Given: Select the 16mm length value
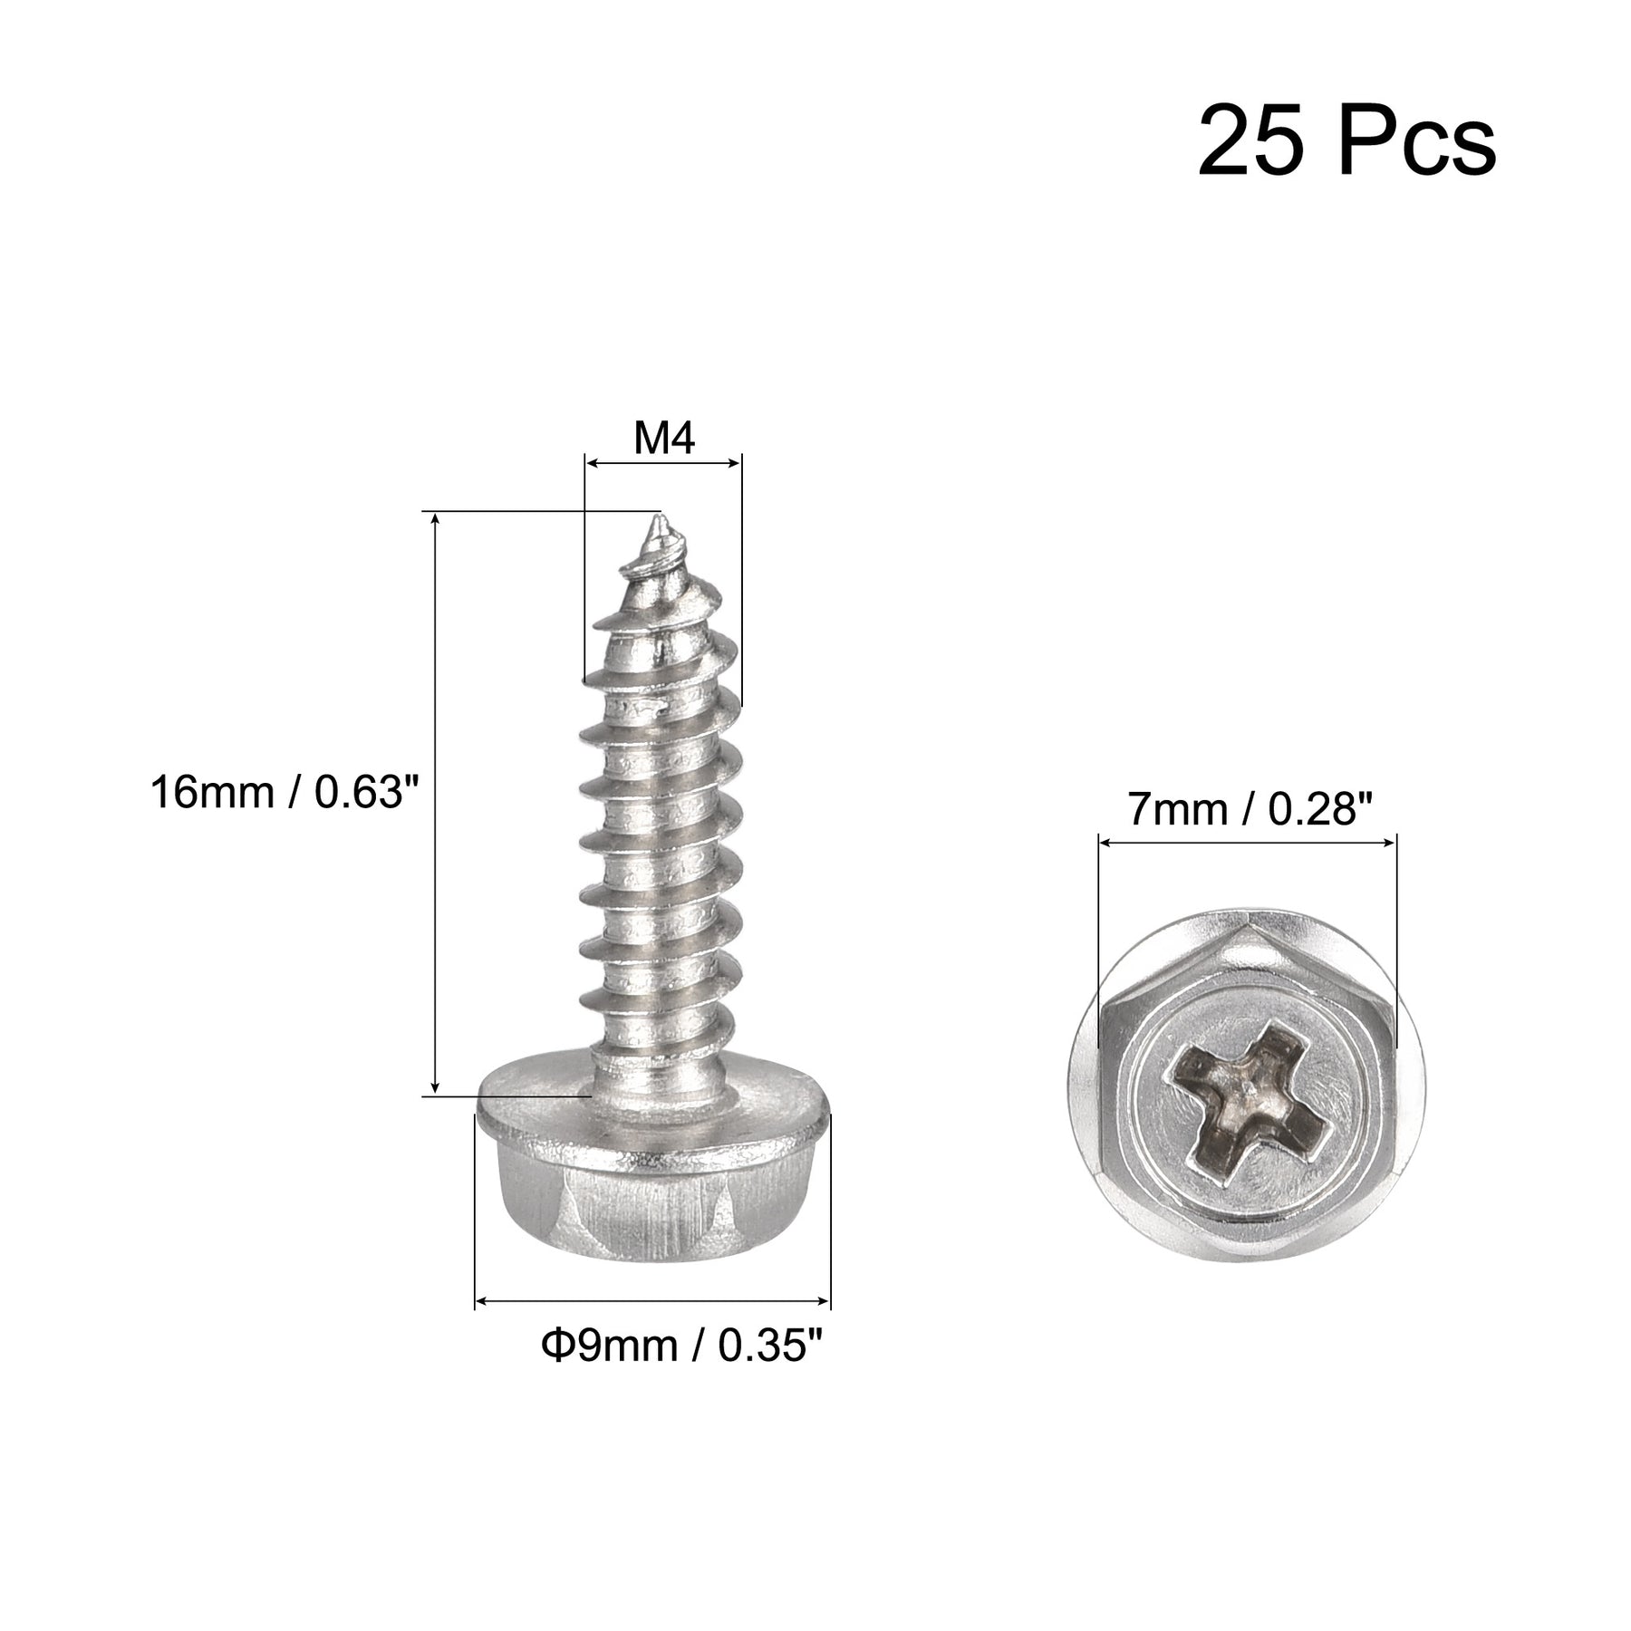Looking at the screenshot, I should click(212, 793).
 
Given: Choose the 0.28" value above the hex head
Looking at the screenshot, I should click(1319, 809).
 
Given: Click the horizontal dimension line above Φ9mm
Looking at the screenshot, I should click(652, 1302).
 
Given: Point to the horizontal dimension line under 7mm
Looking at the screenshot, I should click(1247, 843).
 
